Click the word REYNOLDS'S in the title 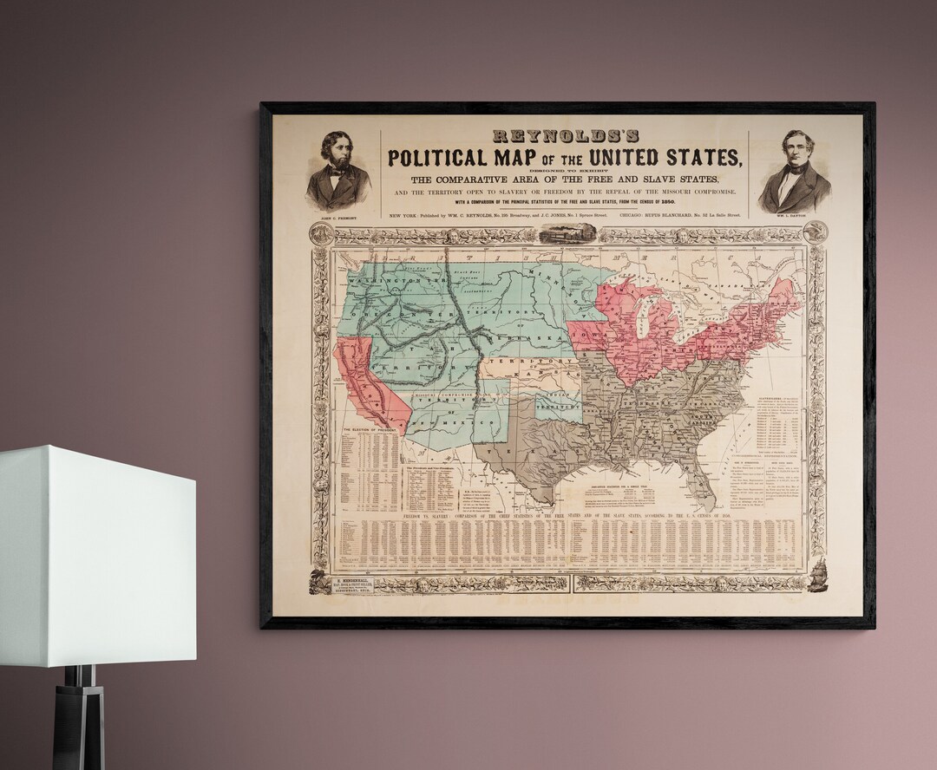[565, 135]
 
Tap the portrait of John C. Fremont [338, 170]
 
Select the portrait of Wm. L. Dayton [794, 171]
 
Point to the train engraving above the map [567, 232]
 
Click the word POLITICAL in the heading [436, 158]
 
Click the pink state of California [364, 382]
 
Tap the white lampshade [95, 555]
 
